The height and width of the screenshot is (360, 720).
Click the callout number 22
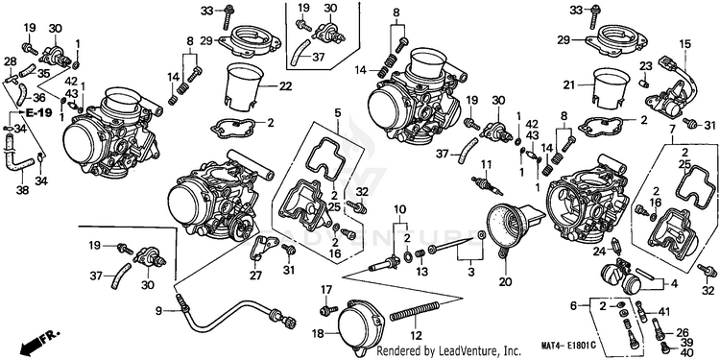[285, 85]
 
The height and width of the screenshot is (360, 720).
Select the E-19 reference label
[38, 112]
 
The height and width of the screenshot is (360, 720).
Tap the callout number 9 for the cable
[158, 311]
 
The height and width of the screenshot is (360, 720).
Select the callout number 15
[684, 44]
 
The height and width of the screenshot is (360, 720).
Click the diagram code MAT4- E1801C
[567, 345]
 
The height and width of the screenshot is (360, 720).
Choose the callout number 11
[486, 164]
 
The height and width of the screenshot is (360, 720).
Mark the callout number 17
[325, 290]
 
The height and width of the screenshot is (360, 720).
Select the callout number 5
[338, 112]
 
